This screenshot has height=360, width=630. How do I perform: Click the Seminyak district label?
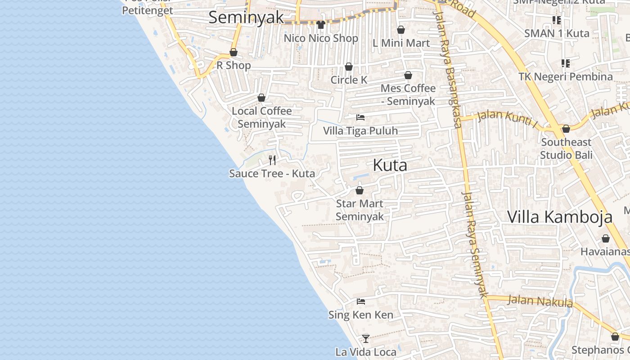coord(246,17)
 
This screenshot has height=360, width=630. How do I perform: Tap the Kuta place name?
coord(390,165)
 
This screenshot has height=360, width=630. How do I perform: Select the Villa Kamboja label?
coord(560,217)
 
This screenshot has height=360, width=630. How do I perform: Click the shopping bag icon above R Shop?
coord(234,52)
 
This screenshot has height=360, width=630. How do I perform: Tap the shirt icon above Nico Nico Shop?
coord(320,24)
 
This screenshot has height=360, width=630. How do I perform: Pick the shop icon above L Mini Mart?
coord(401,30)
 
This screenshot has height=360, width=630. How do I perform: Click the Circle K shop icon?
coord(349,67)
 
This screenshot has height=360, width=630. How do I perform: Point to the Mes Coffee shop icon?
coord(408,75)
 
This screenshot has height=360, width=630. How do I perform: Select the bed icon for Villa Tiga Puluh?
coord(360,117)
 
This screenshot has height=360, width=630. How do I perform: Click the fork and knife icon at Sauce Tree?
coord(272,160)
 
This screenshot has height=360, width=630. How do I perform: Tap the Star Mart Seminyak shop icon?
coord(360,190)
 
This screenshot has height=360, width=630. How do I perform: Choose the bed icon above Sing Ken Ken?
coord(360,301)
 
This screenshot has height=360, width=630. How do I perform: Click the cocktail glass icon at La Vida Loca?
coord(366,338)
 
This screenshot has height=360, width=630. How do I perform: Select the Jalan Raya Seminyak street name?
coord(475,243)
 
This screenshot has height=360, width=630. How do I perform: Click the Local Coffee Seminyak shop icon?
coord(261,98)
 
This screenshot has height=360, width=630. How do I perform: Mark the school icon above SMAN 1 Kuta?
coord(557,20)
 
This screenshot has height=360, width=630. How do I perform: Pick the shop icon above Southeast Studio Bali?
coord(566,129)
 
